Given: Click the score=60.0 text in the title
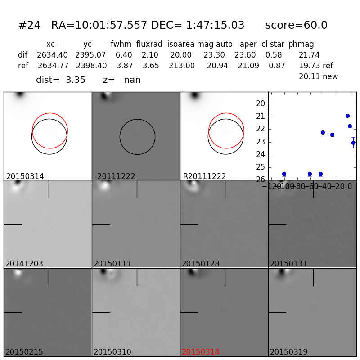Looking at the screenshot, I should pyautogui.click(x=296, y=26).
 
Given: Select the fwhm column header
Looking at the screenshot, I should pyautogui.click(x=121, y=45).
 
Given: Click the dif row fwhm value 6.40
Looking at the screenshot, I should pyautogui.click(x=124, y=55).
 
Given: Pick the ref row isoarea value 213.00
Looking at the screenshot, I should pyautogui.click(x=182, y=66).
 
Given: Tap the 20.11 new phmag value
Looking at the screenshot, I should pyautogui.click(x=318, y=77).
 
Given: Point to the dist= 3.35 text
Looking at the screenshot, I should pyautogui.click(x=61, y=80).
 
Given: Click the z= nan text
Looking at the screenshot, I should pyautogui.click(x=121, y=80).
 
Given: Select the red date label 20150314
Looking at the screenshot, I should pyautogui.click(x=201, y=352).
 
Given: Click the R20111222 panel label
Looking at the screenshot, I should pyautogui.click(x=204, y=176).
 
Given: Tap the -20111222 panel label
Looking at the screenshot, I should pyautogui.click(x=115, y=176).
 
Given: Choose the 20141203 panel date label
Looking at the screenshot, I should pyautogui.click(x=24, y=264).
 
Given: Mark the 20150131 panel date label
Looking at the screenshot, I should pyautogui.click(x=289, y=264).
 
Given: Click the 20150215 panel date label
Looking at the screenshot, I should pyautogui.click(x=24, y=352).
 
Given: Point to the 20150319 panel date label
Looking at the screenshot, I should pyautogui.click(x=289, y=352).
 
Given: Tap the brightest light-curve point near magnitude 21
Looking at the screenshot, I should pyautogui.click(x=347, y=116).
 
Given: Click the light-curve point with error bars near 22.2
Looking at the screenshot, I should pyautogui.click(x=323, y=132).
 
